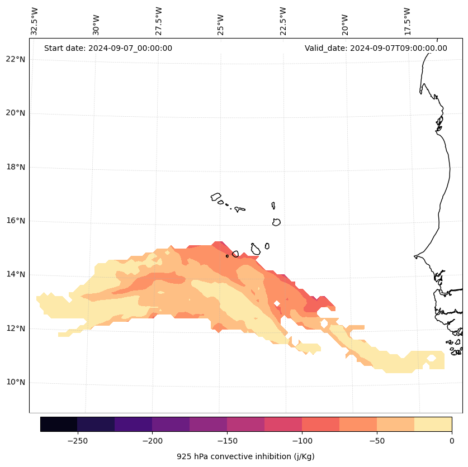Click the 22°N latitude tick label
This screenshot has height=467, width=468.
click(x=14, y=59)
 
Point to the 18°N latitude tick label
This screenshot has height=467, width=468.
click(x=14, y=167)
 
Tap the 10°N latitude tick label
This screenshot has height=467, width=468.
click(x=14, y=382)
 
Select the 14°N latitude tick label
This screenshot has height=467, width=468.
click(x=14, y=274)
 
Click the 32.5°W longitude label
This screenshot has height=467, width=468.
click(x=35, y=21)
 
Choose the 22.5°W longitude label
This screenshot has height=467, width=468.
click(x=283, y=21)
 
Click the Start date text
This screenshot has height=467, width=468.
click(x=108, y=48)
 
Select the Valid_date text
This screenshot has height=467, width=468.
click(x=376, y=48)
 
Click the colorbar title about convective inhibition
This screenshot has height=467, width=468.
click(x=245, y=456)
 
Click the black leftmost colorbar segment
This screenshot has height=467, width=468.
click(x=59, y=424)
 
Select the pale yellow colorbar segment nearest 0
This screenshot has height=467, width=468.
click(x=433, y=424)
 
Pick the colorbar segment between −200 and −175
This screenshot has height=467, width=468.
click(x=171, y=424)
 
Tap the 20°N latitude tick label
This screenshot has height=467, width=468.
click(x=14, y=113)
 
